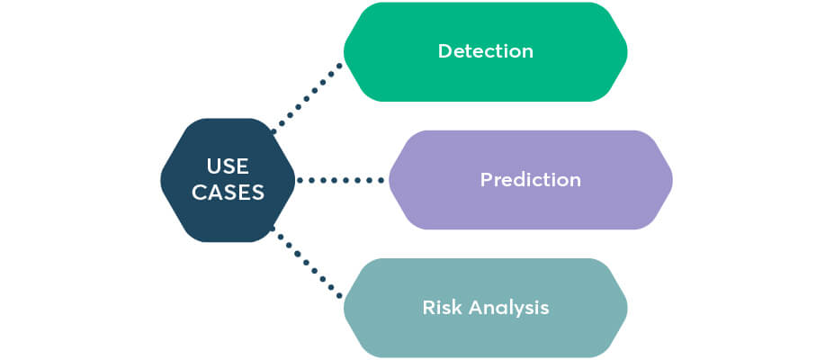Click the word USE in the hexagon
tap(228, 167)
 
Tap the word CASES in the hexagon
tap(228, 193)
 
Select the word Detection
tap(486, 51)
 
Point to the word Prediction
tap(530, 180)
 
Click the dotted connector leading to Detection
tap(307, 98)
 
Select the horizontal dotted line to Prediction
tap(340, 180)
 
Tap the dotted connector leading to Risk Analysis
tap(307, 262)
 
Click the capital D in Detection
tap(445, 51)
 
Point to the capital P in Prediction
tap(487, 180)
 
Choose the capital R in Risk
tap(429, 308)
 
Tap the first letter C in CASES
tap(200, 193)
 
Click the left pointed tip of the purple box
tap(390, 180)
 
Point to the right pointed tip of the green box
tap(628, 51)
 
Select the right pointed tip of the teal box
tap(628, 308)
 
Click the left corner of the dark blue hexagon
tap(161, 180)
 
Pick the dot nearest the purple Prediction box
tap(381, 180)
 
